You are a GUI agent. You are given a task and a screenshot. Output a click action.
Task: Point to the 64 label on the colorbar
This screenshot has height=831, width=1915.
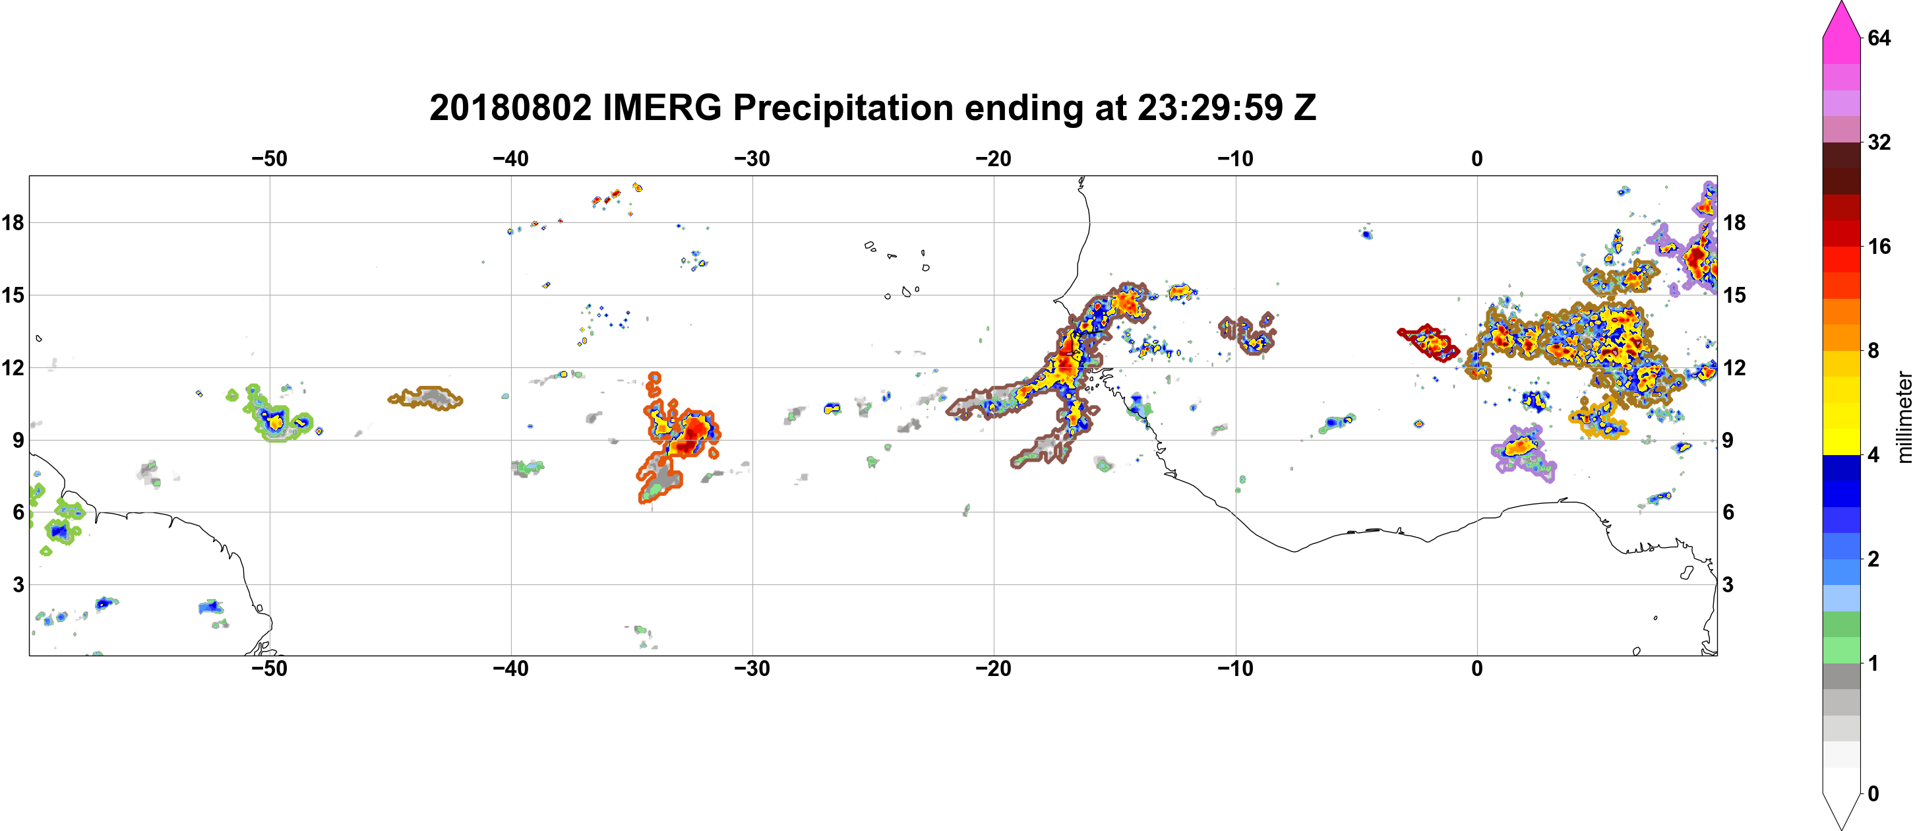coord(1879,38)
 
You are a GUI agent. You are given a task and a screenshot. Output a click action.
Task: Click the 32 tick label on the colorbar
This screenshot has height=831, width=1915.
coord(1879,142)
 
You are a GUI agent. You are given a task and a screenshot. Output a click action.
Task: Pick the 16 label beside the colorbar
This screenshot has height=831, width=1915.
coord(1879,246)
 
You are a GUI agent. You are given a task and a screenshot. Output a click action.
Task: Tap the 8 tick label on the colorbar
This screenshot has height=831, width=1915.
coord(1873,350)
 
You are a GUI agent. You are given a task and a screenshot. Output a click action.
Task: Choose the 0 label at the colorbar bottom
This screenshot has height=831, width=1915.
coord(1873,794)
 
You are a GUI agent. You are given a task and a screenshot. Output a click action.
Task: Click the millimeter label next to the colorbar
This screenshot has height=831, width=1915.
coord(1904,417)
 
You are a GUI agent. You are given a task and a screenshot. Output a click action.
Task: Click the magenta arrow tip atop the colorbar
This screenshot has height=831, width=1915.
coord(1841,2)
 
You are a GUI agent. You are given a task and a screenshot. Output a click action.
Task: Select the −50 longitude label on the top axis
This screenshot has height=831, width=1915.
coord(269,159)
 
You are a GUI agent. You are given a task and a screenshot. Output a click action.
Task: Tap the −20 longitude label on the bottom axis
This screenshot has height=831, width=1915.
coord(994,669)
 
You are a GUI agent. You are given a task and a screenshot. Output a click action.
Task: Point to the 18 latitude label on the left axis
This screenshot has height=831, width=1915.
coord(13,222)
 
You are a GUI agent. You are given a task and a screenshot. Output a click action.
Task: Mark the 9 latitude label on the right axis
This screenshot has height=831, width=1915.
coord(1728,440)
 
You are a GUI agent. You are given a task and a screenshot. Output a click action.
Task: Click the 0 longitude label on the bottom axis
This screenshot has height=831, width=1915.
coord(1477,669)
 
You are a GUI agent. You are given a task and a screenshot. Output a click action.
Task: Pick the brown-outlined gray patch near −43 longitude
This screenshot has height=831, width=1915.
coord(425,398)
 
